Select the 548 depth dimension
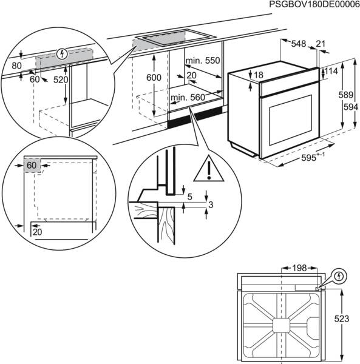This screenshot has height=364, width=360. (298, 44)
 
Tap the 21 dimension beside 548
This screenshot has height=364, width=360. (321, 44)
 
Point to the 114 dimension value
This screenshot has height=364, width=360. (331, 72)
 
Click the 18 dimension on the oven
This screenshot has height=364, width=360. (259, 75)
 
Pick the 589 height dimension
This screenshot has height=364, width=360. (345, 95)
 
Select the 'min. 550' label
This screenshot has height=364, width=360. (202, 61)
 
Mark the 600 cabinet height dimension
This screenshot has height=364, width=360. (154, 78)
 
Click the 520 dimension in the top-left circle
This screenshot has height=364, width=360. (61, 79)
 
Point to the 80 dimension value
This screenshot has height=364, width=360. (16, 66)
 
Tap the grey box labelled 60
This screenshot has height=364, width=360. (32, 164)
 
